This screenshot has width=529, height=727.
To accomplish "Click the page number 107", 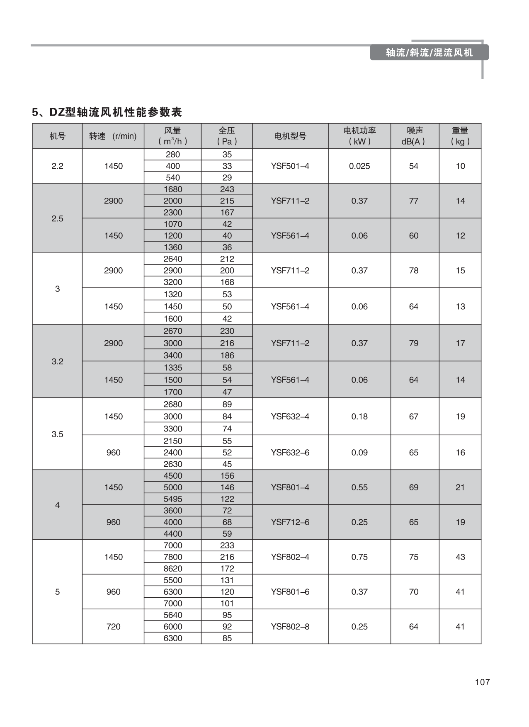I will tap(482, 682).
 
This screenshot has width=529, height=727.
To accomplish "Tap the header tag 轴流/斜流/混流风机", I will tap(429, 53).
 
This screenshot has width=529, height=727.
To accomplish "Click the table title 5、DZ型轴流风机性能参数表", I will tap(107, 112).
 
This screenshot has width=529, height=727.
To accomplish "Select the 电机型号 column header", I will tap(290, 136).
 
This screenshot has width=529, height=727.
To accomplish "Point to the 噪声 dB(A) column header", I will tap(414, 136).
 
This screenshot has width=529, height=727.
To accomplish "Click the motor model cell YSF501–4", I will tap(290, 166).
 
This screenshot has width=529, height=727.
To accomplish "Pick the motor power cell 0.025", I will tap(359, 166).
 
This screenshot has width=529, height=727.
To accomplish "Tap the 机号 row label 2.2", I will tap(57, 166).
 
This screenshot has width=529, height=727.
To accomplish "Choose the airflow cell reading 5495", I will tap(172, 499).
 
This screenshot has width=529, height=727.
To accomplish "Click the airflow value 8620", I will tap(172, 568).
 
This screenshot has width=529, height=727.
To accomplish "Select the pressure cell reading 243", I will tap(227, 189).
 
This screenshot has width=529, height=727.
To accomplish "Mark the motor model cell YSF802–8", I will tap(290, 626).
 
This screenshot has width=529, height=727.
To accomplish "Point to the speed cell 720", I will tap(113, 626).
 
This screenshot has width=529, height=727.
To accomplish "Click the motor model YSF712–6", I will tap(290, 522).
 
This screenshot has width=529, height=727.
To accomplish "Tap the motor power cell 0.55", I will tap(359, 487).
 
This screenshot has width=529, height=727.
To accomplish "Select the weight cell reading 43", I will tap(460, 557).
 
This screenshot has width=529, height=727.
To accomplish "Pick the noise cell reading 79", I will tap(414, 343).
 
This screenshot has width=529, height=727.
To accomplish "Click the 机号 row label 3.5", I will tap(57, 434).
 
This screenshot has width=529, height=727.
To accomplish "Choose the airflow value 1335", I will tap(172, 367).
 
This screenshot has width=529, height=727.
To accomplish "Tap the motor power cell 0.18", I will tap(359, 416).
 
